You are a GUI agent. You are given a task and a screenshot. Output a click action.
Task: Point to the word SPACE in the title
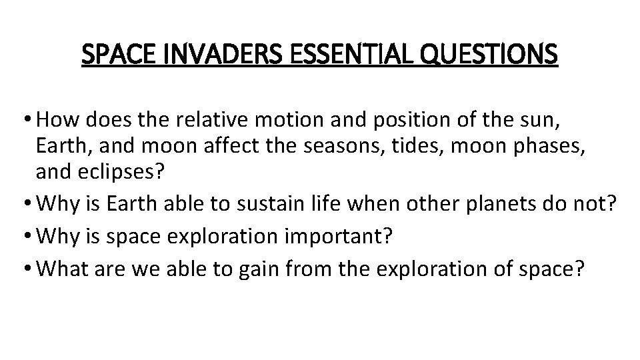pos(113,54)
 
